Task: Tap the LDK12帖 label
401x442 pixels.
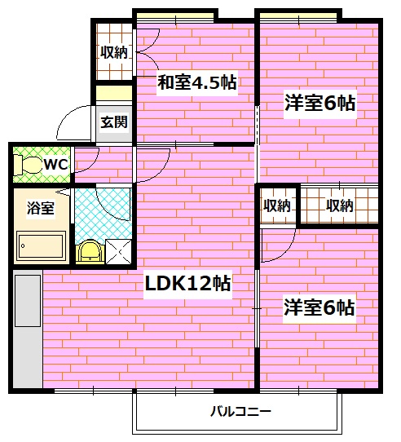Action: coord(187,284)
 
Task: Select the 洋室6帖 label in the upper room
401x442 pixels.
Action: coord(319,103)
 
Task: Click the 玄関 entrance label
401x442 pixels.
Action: coord(113,123)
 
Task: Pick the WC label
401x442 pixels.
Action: coord(55,165)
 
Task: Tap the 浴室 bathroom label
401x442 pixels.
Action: coord(40,208)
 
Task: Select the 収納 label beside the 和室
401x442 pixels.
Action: coord(114,53)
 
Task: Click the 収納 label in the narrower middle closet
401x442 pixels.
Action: coord(277,206)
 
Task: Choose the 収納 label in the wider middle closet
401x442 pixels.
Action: coord(339,206)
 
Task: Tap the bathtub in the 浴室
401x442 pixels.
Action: coord(40,244)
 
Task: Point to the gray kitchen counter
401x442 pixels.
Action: coord(27,330)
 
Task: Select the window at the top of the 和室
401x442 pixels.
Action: coord(175,15)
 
